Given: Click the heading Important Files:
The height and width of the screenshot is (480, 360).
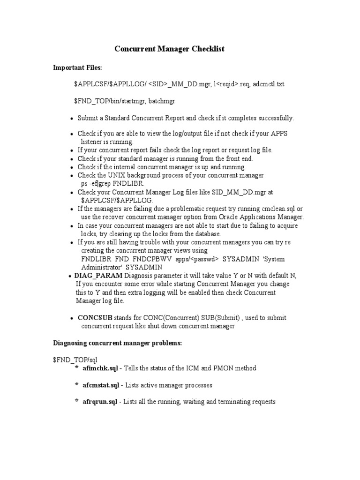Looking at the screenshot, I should point(77,68).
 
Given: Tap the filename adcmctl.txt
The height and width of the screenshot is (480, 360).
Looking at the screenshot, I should point(268,84).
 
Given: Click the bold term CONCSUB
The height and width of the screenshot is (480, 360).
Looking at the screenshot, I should point(95,317).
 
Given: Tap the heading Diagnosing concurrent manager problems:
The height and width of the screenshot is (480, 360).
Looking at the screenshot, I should point(117,343).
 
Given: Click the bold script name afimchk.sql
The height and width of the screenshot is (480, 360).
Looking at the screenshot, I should point(100,368).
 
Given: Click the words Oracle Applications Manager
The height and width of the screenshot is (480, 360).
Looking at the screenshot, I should point(259,217).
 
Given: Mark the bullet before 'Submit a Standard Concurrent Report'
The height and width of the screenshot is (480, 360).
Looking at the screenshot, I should point(71,119).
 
